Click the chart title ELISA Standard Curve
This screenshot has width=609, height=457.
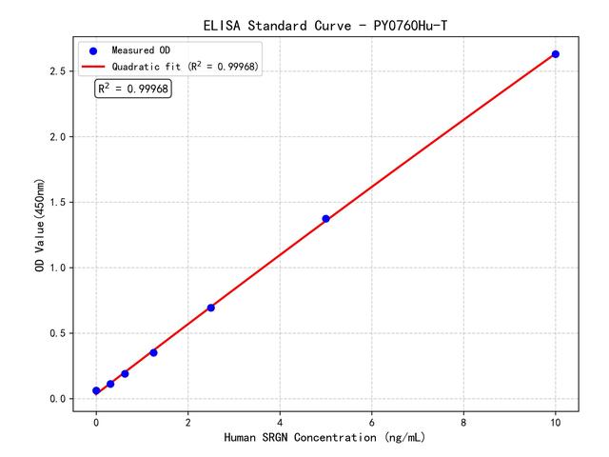click(324, 25)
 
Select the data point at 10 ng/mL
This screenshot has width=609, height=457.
click(556, 54)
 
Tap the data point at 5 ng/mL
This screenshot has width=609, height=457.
click(325, 219)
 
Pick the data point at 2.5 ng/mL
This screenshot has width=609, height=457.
click(211, 308)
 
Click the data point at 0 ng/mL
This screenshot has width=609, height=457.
click(96, 391)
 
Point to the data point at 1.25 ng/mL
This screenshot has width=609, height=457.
click(153, 352)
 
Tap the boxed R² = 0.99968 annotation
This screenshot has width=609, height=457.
click(133, 89)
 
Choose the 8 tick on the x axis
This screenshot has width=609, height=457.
click(463, 421)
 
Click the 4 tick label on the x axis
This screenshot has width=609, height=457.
click(280, 421)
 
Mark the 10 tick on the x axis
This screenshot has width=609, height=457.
click(556, 421)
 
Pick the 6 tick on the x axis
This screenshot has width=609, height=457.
click(372, 421)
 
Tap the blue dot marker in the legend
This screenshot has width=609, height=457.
click(93, 50)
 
